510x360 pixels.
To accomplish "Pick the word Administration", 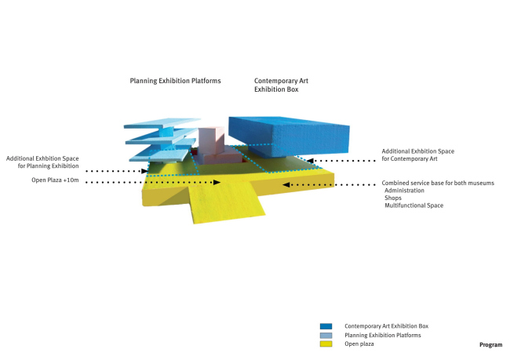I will pos(405,191).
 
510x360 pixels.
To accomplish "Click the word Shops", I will pos(393,198).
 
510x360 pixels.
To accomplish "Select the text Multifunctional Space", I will pos(413,205).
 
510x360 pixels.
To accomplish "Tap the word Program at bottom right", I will pos(490,344).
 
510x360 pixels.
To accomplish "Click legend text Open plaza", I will pos(360,344).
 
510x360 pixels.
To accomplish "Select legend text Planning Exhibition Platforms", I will pos(382,335).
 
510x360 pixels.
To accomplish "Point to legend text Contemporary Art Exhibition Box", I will pos(386,325).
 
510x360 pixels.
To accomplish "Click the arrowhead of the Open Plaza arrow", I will pos(219,183).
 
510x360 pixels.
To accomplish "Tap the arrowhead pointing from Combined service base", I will pos(286,185).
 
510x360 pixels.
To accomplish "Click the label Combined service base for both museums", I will pos(438,183).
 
